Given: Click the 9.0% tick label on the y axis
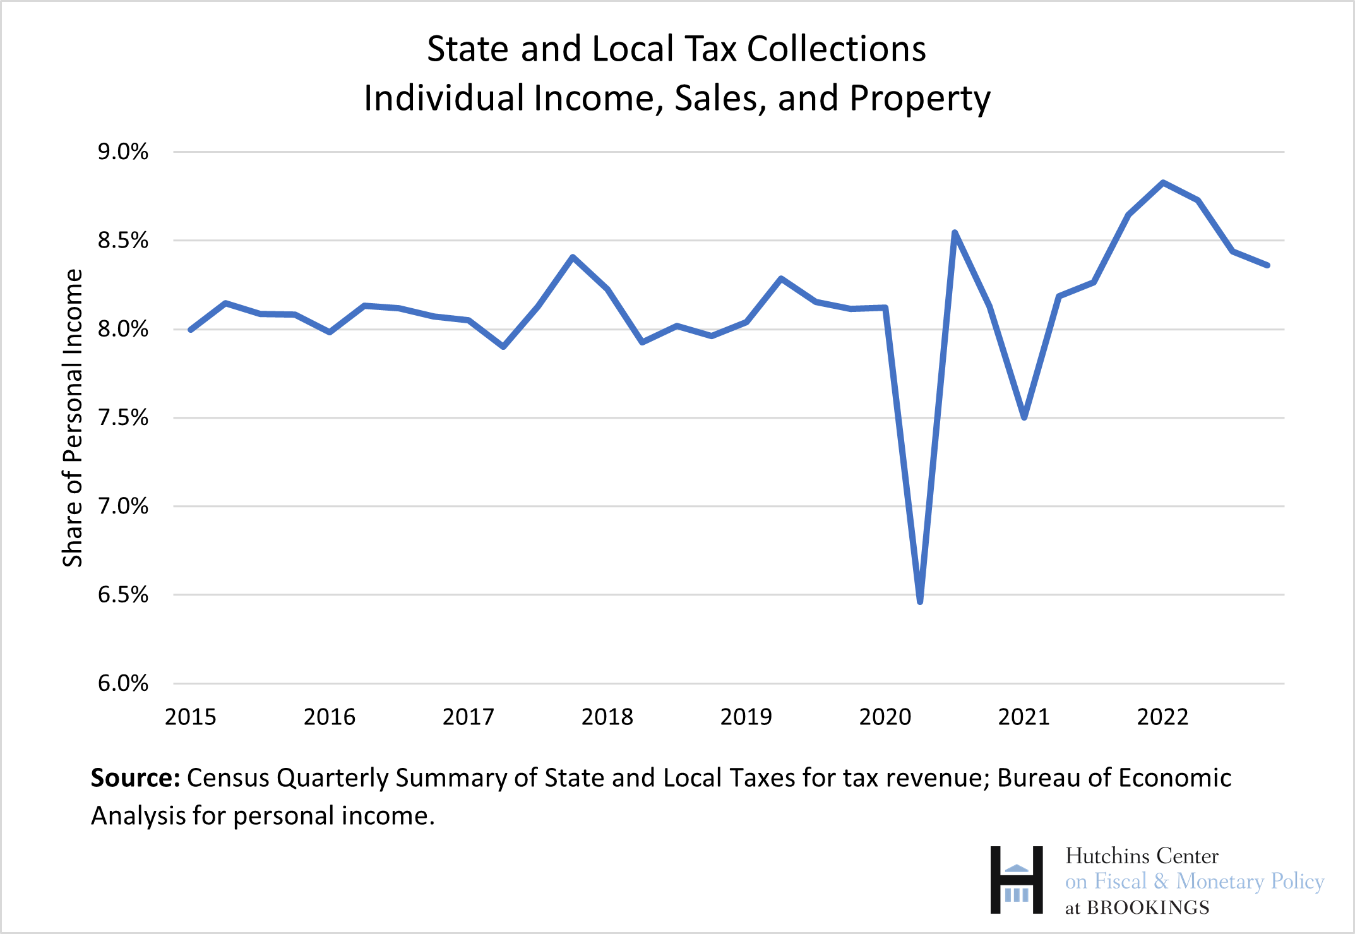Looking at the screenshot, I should tap(122, 152).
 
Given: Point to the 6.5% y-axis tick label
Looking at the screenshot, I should tap(122, 595).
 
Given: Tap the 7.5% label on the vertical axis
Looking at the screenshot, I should tap(122, 418).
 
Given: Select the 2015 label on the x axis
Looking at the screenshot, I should tap(190, 717).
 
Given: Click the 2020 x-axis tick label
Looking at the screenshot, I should tap(885, 717).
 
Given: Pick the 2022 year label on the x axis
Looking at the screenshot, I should tap(1162, 717).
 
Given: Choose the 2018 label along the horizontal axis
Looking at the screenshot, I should tap(607, 717).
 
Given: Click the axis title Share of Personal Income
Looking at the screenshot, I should tap(73, 418).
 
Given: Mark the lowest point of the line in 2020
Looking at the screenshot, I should tap(920, 601).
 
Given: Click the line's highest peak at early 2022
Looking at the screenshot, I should tap(1163, 183).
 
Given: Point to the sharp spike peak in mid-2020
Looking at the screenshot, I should tap(955, 232).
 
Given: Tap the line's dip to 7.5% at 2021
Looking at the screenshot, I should tap(1024, 417).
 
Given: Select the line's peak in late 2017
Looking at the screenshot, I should tap(573, 257).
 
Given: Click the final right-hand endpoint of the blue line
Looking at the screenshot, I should tap(1267, 265).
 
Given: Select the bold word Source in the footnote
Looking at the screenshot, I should tap(135, 778).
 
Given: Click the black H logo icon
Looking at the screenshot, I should tap(1016, 880).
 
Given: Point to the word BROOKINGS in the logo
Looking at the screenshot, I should tap(1147, 907).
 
